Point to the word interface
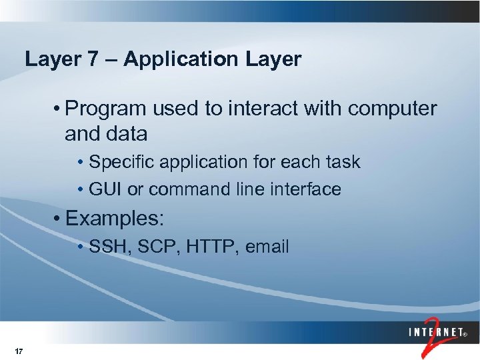[307, 190]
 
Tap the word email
[267, 247]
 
